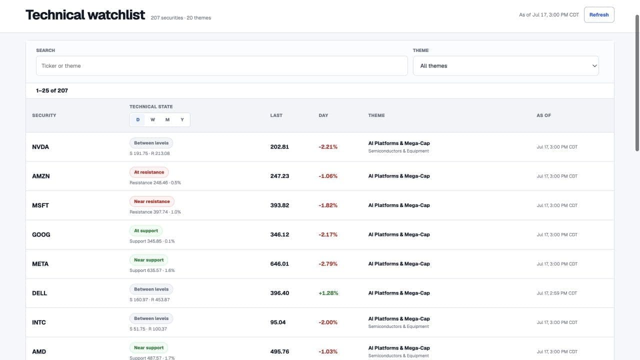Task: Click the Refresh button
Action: point(599,15)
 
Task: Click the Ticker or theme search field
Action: point(221,65)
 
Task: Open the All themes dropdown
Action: point(505,65)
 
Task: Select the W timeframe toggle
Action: point(152,119)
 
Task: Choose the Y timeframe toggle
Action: point(182,119)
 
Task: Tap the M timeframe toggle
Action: point(167,119)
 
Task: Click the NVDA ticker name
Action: point(40,147)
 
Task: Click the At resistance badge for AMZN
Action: point(149,172)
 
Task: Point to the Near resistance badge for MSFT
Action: point(151,201)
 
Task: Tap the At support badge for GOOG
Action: point(145,230)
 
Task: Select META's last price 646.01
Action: point(279,263)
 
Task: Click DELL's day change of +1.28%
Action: point(328,293)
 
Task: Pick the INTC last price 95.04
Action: point(277,322)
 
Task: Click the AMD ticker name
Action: point(39,351)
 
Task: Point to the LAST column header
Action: point(276,115)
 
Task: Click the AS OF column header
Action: point(543,115)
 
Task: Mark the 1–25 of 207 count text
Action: point(52,90)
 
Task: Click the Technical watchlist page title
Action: point(85,15)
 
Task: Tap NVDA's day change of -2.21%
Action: point(328,147)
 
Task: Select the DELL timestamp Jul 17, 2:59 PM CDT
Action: point(557,293)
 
